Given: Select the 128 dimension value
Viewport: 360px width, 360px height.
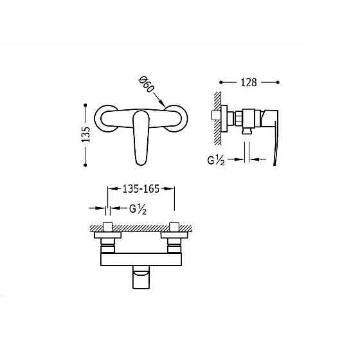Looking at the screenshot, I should click(x=249, y=82).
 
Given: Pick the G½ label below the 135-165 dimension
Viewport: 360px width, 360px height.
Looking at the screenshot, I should click(x=138, y=208).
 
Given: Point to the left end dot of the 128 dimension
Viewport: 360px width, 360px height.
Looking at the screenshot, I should click(x=221, y=82).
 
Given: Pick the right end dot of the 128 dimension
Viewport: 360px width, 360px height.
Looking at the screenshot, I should click(x=279, y=82).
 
